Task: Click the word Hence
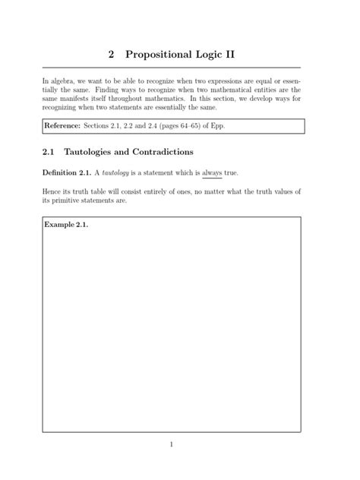coord(52,191)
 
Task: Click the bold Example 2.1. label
coord(66,226)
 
